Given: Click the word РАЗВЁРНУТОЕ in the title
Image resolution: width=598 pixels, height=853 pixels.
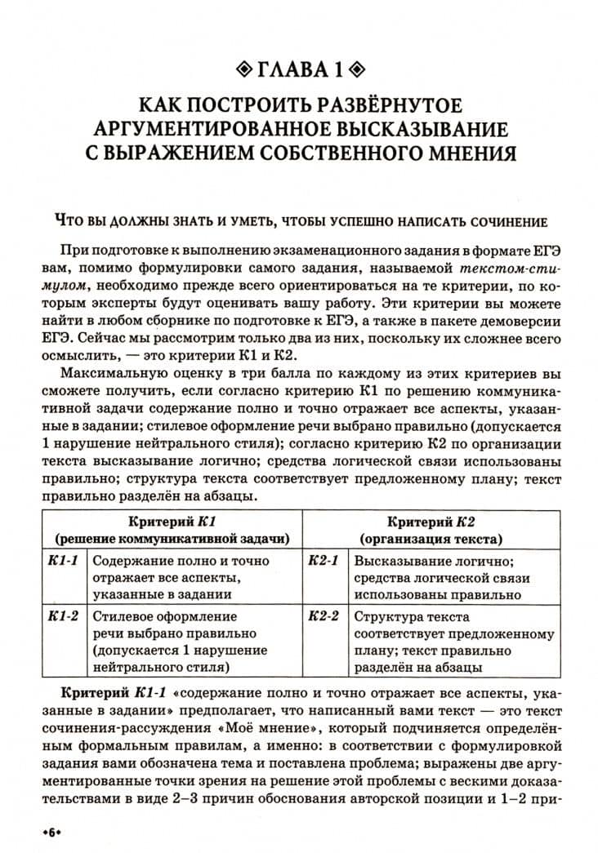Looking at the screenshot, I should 372,107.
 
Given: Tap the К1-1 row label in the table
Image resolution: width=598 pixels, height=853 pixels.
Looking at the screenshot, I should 62,562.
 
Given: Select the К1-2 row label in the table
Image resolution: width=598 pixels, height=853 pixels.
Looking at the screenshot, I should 62,616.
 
